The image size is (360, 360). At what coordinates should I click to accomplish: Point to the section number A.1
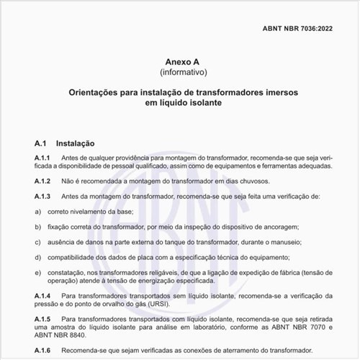click(x=40, y=143)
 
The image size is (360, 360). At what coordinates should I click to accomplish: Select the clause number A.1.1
click(x=42, y=158)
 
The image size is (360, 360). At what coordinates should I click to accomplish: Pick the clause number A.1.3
click(x=42, y=197)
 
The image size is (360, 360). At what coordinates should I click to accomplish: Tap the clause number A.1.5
click(x=42, y=318)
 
